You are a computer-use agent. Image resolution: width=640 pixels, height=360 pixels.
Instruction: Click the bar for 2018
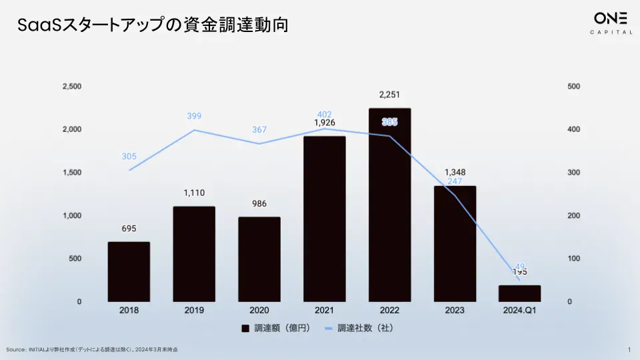129,271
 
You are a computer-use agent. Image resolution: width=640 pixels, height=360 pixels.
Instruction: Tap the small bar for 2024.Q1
519,293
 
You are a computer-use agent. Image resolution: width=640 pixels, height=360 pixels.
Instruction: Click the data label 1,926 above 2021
325,123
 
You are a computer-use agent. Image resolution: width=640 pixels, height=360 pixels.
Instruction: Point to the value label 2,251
389,95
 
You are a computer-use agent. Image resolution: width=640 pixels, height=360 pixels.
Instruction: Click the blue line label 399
194,117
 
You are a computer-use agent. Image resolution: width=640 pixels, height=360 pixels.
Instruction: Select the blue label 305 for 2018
129,157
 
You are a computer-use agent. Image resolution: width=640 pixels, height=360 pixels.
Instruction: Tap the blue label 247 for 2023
455,181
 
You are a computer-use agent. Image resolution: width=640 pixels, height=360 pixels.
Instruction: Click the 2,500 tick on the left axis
71,87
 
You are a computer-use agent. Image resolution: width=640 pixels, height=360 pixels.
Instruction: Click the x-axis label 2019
194,311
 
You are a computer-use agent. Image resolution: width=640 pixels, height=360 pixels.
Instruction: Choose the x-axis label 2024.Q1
519,311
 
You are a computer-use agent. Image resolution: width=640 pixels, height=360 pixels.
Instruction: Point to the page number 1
629,350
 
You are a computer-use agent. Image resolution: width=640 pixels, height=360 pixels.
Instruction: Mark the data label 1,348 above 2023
455,172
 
